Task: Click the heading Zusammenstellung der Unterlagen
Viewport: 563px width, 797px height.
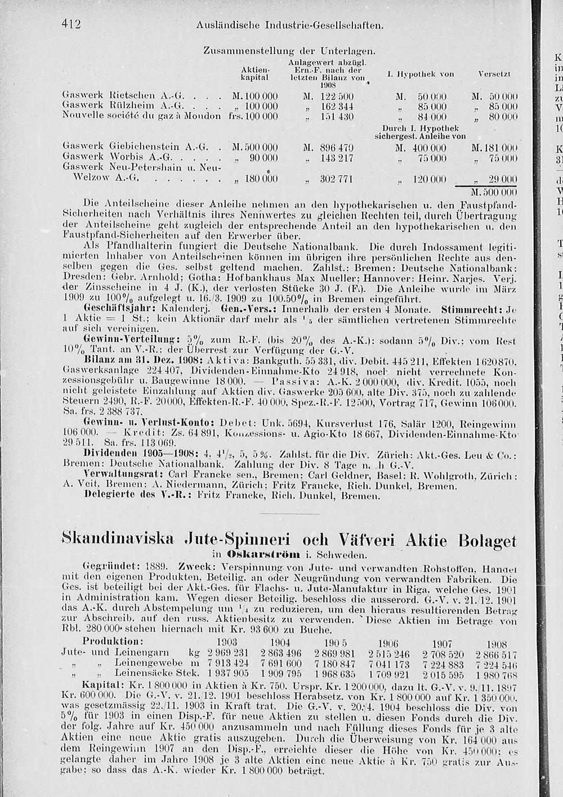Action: (x=289, y=51)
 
